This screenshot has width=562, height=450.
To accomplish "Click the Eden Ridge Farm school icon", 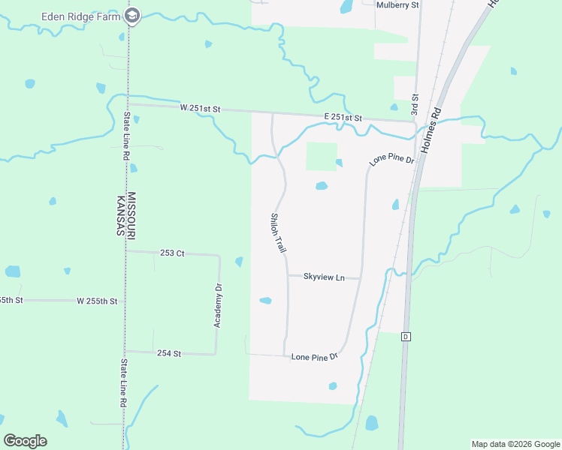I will pos(132,15).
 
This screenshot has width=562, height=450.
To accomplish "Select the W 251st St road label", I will pos(200,109).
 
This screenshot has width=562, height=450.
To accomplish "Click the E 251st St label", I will pos(343,118).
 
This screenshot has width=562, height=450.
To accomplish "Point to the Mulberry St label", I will pos(397,4).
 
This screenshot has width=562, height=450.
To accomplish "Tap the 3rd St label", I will pos(414,105).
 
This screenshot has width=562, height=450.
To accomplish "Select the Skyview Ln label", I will pos(324,277).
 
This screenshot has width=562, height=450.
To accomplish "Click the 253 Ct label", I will pos(172,253).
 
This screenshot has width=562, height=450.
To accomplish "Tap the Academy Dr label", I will pos(219,304).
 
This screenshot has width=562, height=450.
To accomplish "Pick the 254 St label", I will pos(169,352).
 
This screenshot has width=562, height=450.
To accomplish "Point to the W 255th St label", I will pos(97,301).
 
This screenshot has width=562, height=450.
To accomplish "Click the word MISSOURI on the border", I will pos(131,214).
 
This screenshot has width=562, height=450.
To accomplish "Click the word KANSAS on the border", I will pos(120,214).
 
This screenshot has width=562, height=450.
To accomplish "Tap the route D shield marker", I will pos(406,335).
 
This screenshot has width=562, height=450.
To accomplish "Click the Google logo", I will pos(25,441).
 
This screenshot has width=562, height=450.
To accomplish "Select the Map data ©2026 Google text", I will pos(515,444).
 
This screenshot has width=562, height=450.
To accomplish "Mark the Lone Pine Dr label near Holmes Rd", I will pos(391,160).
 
